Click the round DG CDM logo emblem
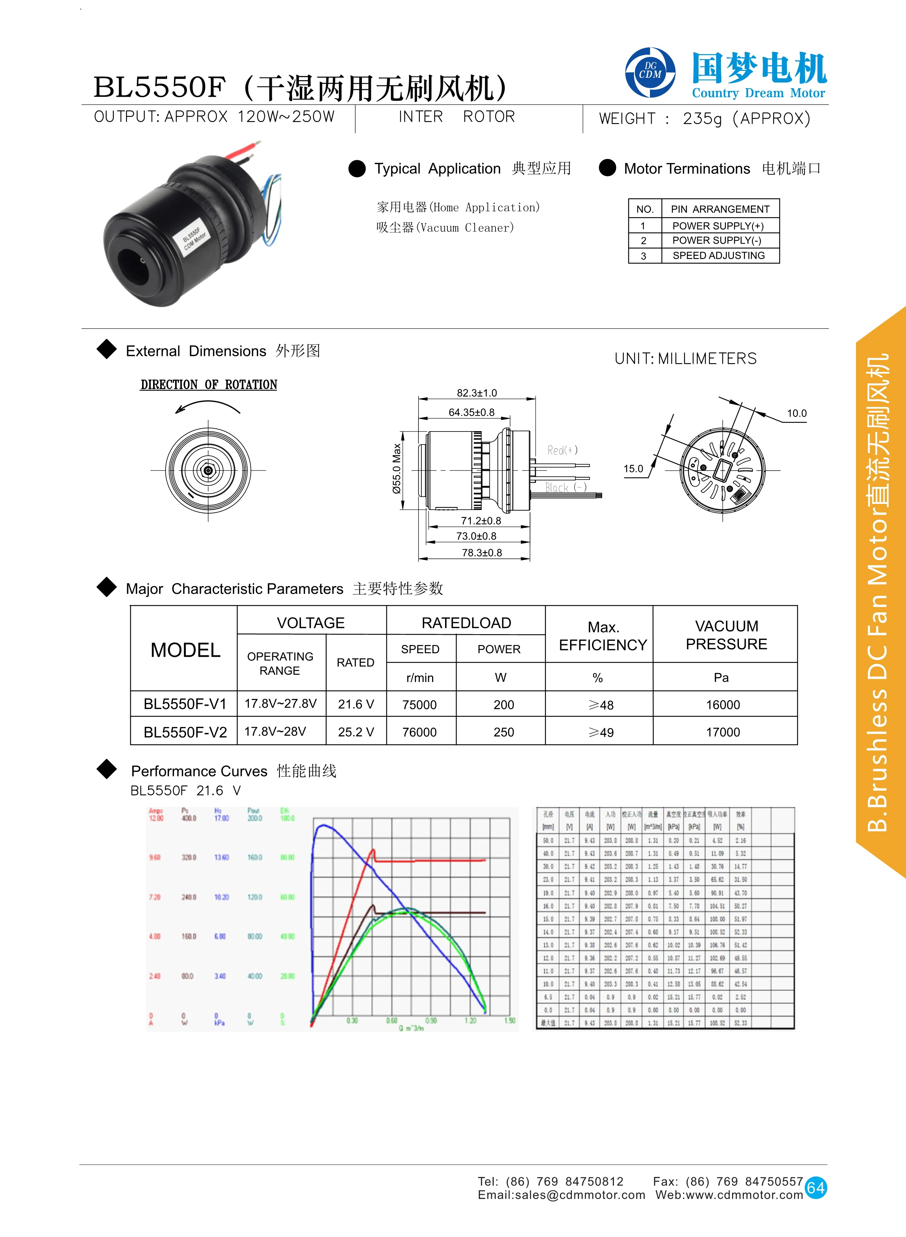pyautogui.click(x=650, y=72)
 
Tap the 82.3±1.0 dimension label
pyautogui.click(x=476, y=393)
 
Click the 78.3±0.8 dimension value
pyautogui.click(x=481, y=552)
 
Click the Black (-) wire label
pyautogui.click(x=565, y=487)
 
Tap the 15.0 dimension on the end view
pyautogui.click(x=633, y=469)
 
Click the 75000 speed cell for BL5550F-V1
pyautogui.click(x=420, y=705)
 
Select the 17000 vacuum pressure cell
pyautogui.click(x=723, y=732)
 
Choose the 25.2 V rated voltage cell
pyautogui.click(x=356, y=732)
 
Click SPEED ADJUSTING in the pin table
pyautogui.click(x=718, y=256)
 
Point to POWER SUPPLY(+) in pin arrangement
pyautogui.click(x=718, y=226)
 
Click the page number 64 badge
pyautogui.click(x=816, y=1188)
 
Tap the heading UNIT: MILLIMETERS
pyautogui.click(x=686, y=358)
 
